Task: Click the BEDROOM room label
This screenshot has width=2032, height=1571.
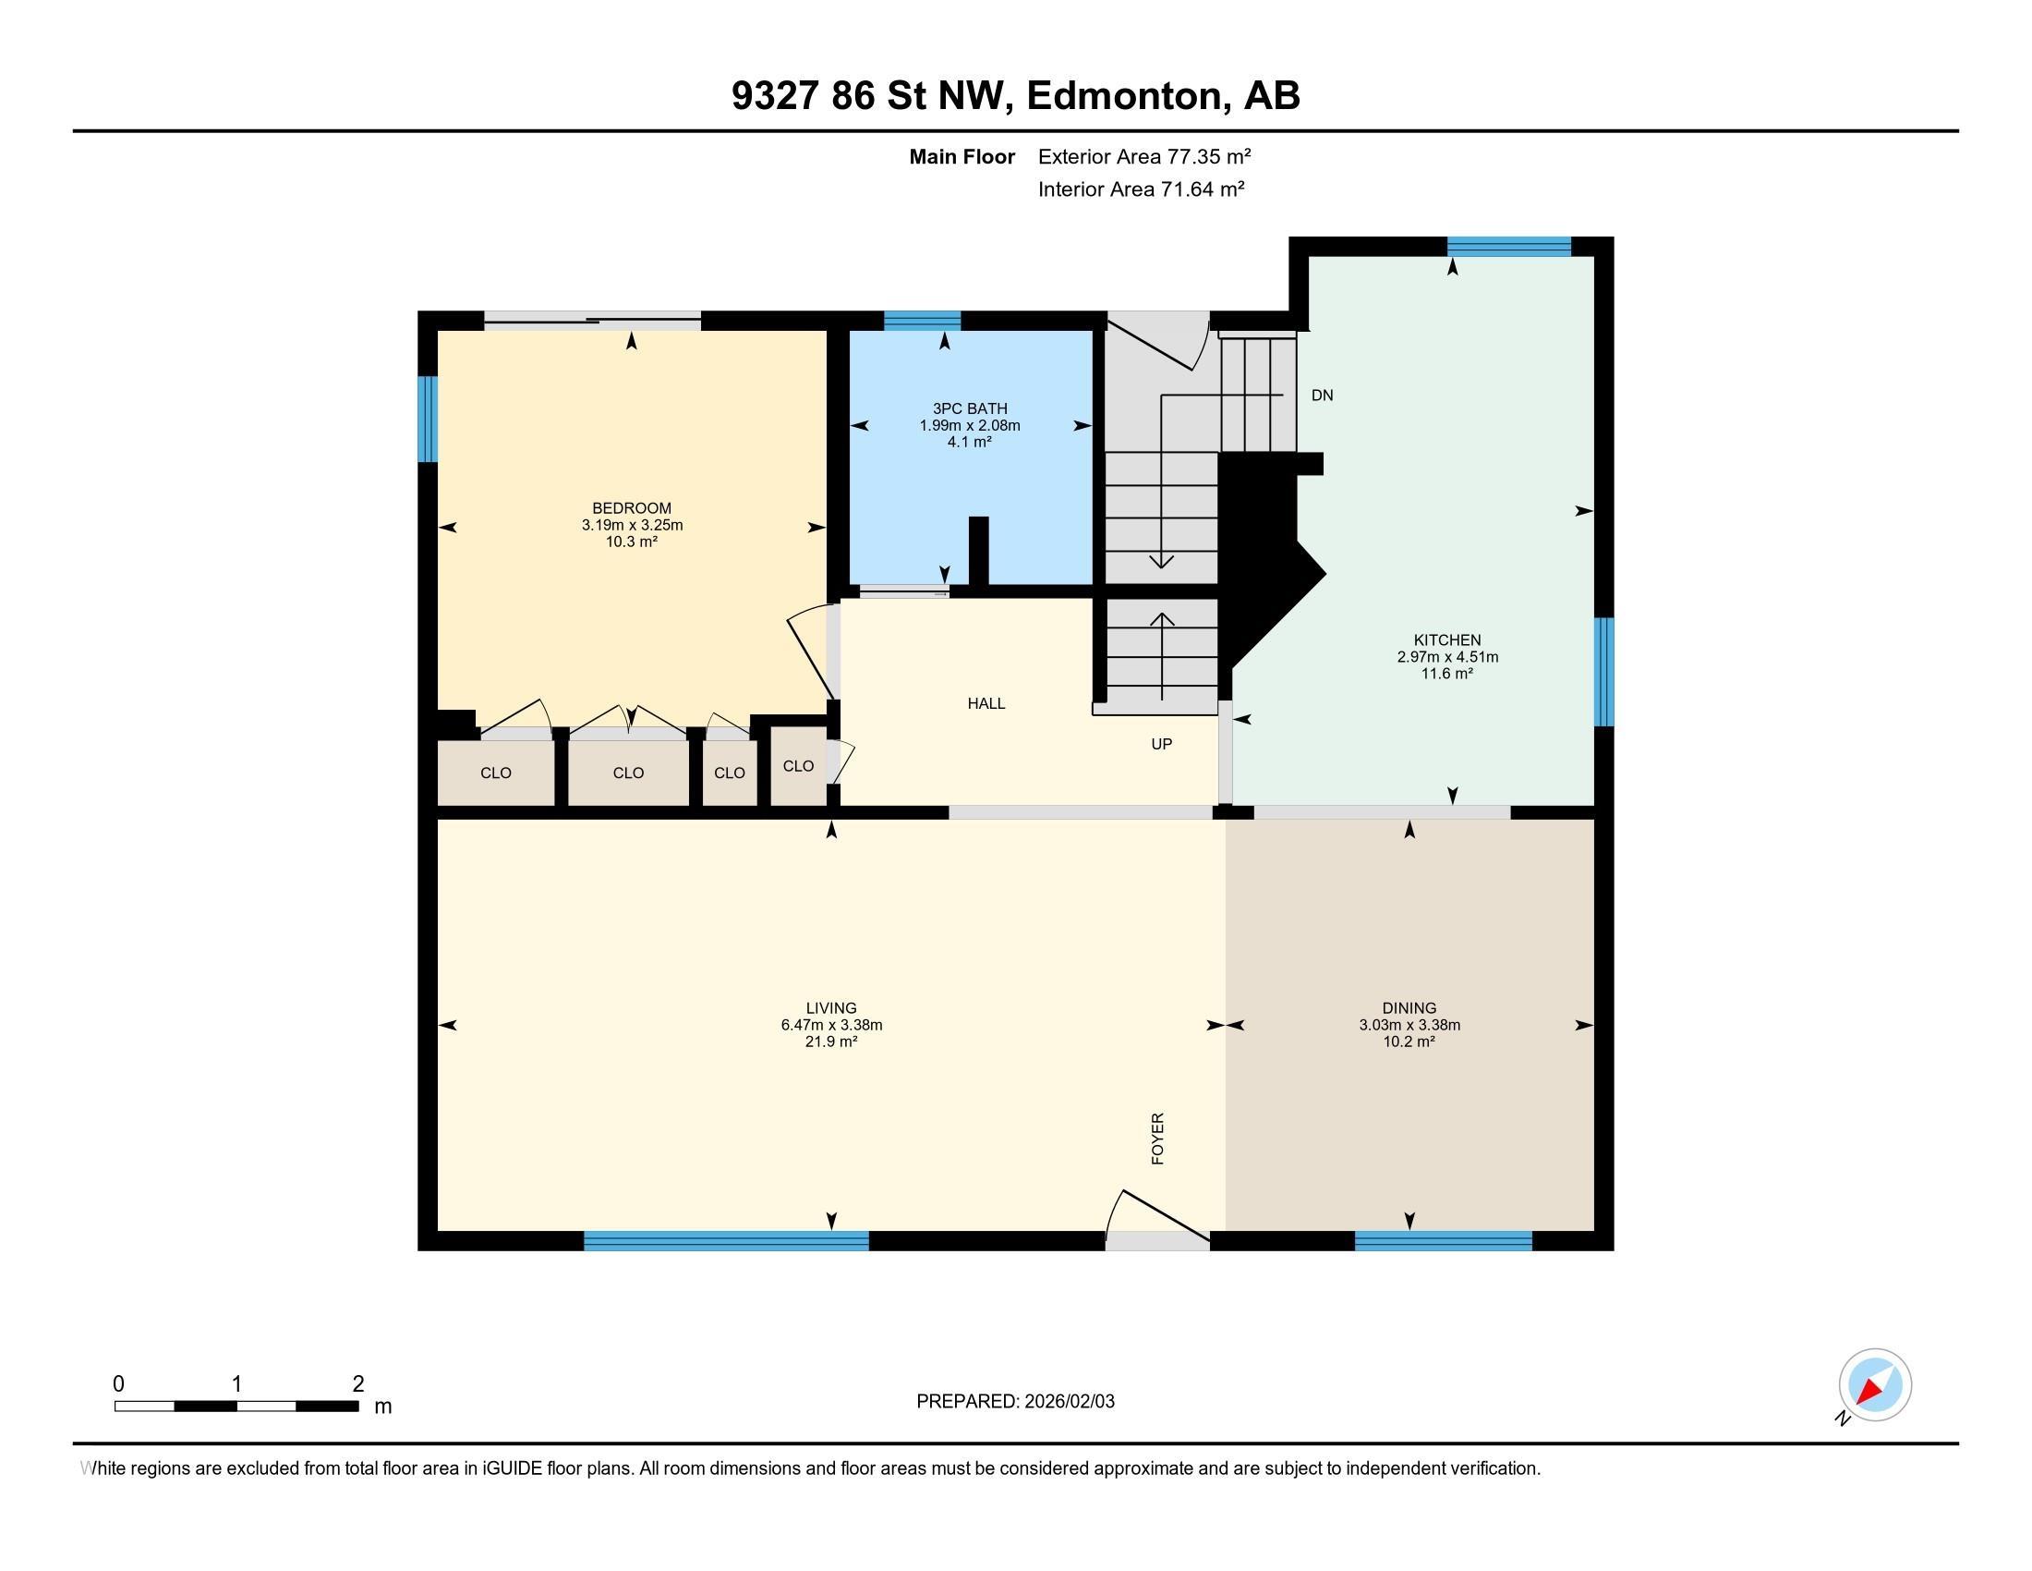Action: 631,508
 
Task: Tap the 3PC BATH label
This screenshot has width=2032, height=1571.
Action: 970,408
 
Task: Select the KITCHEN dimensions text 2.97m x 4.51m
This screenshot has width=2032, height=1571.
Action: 1446,657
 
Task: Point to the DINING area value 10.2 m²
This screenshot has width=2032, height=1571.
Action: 1409,1041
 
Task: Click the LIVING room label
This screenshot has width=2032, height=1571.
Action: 831,1008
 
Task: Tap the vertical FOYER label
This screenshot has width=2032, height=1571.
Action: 1158,1139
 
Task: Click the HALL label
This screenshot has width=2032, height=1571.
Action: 986,703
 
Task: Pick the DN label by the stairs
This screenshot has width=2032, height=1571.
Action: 1321,396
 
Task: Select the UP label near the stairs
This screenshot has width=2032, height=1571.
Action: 1161,744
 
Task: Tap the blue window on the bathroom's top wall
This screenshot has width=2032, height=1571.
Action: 921,321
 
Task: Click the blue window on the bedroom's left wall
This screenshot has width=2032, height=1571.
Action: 427,419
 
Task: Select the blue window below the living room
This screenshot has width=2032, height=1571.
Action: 726,1240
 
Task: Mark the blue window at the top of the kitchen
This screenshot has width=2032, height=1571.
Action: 1508,247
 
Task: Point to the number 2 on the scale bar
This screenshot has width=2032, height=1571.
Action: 358,1384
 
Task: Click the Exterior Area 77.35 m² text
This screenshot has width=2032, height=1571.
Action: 1143,156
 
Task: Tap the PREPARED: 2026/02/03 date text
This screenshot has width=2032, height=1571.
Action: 1015,1402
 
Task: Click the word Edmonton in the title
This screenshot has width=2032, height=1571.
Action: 1125,96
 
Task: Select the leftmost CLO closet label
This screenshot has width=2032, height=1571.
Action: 496,773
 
